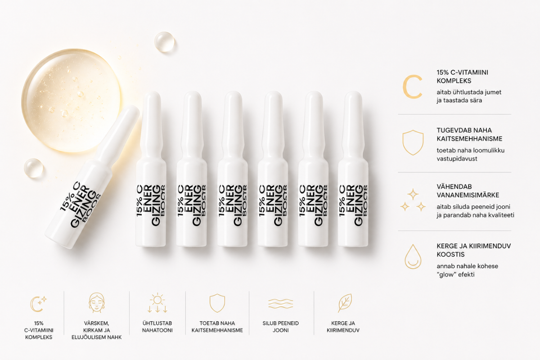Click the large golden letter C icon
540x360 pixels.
pyautogui.click(x=412, y=87)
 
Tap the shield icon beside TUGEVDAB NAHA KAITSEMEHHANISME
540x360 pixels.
pyautogui.click(x=413, y=143)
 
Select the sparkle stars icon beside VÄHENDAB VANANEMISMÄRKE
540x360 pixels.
pyautogui.click(x=413, y=201)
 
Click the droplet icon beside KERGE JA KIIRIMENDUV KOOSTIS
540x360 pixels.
pyautogui.click(x=412, y=257)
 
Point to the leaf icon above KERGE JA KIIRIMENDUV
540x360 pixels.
pyautogui.click(x=345, y=303)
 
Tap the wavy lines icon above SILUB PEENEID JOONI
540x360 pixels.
pyautogui.click(x=280, y=303)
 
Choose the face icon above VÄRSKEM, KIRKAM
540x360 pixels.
pyautogui.click(x=96, y=303)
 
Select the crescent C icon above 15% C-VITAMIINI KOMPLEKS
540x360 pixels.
pyautogui.click(x=38, y=303)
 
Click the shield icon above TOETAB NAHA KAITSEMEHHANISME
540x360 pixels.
pyautogui.click(x=217, y=303)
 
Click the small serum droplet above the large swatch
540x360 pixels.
pyautogui.click(x=164, y=41)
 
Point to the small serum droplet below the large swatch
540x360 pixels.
pyautogui.click(x=34, y=168)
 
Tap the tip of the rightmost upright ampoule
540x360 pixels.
pyautogui.click(x=353, y=99)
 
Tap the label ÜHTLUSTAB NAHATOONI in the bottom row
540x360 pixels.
pyautogui.click(x=157, y=327)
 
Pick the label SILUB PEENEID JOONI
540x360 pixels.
pyautogui.click(x=280, y=327)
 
